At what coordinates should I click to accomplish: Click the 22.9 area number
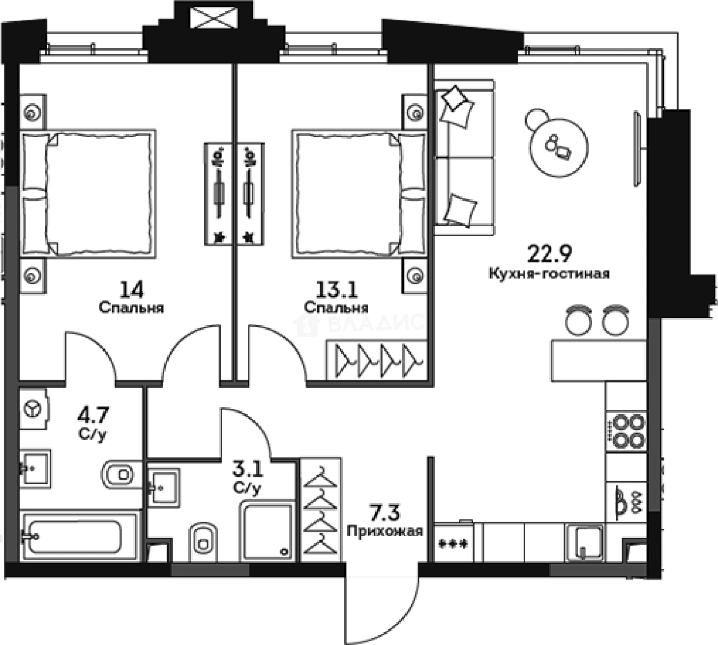click(x=550, y=254)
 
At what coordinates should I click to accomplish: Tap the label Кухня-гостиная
click(x=549, y=274)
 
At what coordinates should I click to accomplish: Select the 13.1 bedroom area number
click(x=337, y=290)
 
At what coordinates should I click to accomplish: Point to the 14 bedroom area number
click(x=132, y=290)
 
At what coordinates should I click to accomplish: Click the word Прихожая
click(x=385, y=532)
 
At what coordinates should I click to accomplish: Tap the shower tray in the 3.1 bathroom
click(x=267, y=532)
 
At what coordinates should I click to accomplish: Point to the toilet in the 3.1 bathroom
click(x=203, y=543)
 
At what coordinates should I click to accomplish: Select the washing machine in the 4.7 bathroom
click(x=34, y=409)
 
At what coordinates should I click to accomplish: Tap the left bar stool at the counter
click(x=579, y=320)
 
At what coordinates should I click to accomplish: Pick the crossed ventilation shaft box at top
click(x=213, y=18)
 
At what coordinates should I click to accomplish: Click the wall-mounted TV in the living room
click(x=637, y=149)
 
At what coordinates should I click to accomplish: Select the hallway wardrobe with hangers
click(x=320, y=510)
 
